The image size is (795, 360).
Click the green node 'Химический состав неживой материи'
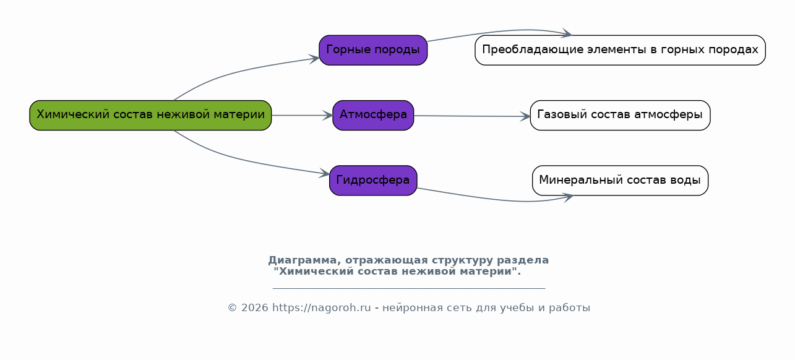coord(150,115)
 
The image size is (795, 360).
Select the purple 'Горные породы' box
coord(373,50)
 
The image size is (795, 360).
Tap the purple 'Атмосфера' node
coord(373,115)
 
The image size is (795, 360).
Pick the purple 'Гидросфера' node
coord(373,180)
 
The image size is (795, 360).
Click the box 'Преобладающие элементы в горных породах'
coord(620,50)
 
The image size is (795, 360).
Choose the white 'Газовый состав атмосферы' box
coord(620,115)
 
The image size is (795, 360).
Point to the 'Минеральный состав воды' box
coord(620,180)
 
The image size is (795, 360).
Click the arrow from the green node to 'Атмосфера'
coord(302,115)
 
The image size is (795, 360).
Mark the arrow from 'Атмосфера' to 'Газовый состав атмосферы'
coord(472,116)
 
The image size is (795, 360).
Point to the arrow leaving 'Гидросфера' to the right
coord(497,199)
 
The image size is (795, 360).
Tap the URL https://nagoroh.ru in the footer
coord(321,307)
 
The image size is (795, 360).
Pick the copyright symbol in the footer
coord(232,307)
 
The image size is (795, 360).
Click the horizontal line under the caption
coord(409,289)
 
